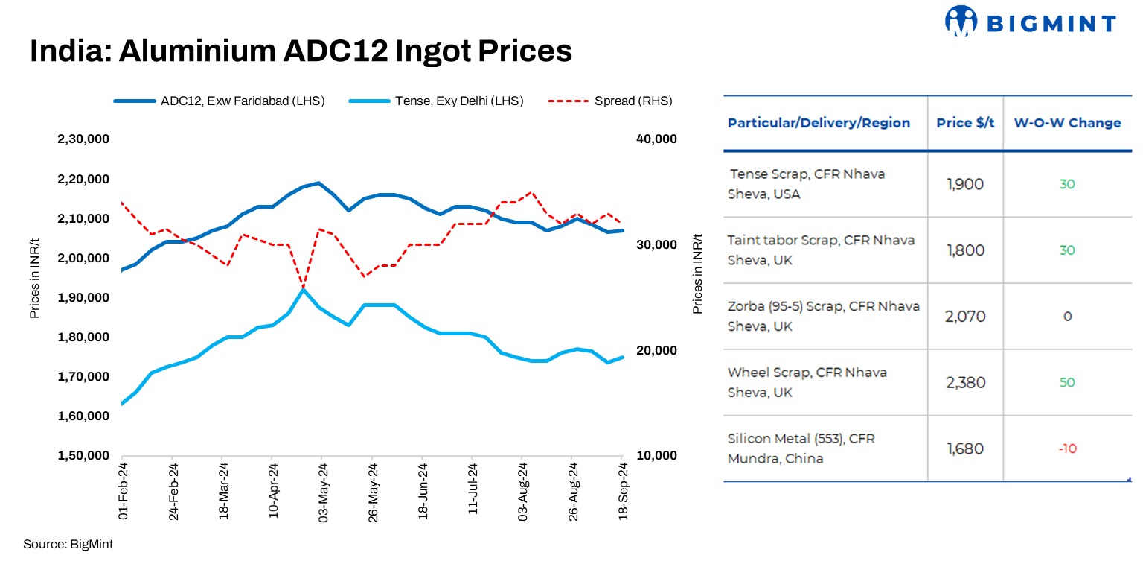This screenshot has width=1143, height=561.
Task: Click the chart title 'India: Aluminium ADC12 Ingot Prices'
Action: [301, 51]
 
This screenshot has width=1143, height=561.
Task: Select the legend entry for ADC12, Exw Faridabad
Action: [220, 101]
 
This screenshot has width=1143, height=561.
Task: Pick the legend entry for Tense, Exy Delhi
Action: [435, 101]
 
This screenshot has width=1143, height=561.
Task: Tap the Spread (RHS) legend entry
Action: [610, 101]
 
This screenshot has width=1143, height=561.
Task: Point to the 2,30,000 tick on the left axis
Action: [83, 139]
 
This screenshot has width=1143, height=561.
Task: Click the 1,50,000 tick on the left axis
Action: [83, 455]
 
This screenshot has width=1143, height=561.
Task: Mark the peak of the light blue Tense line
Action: [303, 289]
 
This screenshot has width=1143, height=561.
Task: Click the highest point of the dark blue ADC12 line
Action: [318, 183]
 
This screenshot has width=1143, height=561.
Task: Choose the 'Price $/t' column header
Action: [965, 123]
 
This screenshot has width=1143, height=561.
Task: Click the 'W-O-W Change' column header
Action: [1067, 123]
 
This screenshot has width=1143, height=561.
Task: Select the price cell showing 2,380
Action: [965, 382]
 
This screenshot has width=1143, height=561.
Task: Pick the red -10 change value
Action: [1067, 449]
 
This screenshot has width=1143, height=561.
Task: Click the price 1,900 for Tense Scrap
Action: [965, 184]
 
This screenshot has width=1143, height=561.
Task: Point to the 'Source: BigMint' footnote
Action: [68, 544]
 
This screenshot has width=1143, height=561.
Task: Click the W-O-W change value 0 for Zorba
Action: [1067, 317]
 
